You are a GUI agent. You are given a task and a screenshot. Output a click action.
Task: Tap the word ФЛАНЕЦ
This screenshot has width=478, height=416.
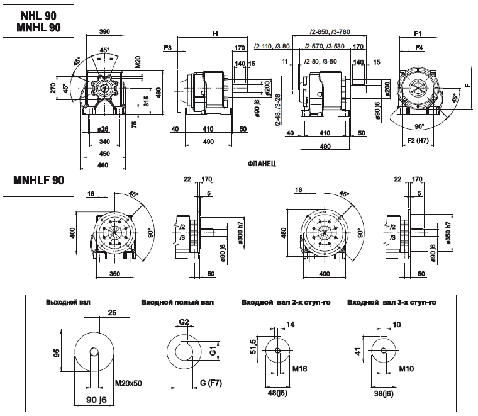pyautogui.click(x=264, y=162)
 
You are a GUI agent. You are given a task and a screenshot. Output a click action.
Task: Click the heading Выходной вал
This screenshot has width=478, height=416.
pyautogui.click(x=69, y=302)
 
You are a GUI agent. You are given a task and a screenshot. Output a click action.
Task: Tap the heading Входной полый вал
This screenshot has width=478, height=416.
pyautogui.click(x=178, y=302)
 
